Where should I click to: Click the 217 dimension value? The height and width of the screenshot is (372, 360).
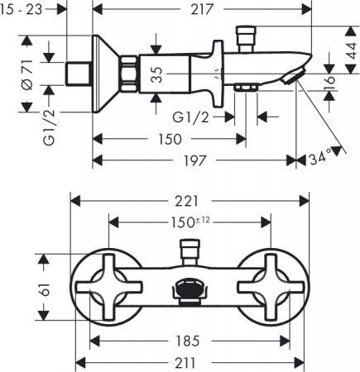202,9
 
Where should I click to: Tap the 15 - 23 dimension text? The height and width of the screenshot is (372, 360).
21,9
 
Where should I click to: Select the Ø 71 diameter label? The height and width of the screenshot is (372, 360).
27,74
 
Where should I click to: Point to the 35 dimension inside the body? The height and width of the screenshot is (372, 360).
157,74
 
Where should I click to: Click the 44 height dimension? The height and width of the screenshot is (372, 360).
352,50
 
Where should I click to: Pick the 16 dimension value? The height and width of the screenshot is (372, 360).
329,80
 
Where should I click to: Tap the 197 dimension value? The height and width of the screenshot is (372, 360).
195,160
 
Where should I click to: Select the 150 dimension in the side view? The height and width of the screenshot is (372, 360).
170,139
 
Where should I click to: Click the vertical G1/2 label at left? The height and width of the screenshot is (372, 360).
49,127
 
